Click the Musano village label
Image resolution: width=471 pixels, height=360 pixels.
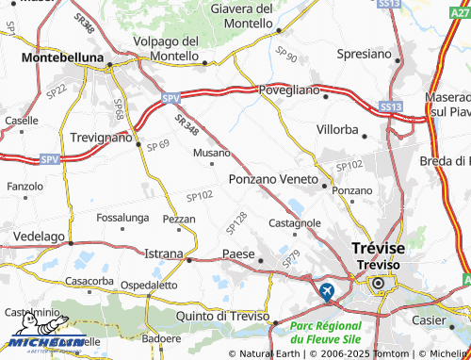click(212, 152)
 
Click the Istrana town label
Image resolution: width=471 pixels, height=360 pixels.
click(164, 254)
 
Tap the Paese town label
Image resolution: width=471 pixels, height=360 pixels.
click(238, 254)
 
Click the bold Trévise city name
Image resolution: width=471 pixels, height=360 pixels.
click(378, 248)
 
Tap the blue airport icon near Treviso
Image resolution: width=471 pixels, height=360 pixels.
click(327, 290)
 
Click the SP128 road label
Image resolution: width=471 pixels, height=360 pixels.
click(236, 222)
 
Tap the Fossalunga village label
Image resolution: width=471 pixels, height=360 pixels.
click(122, 217)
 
